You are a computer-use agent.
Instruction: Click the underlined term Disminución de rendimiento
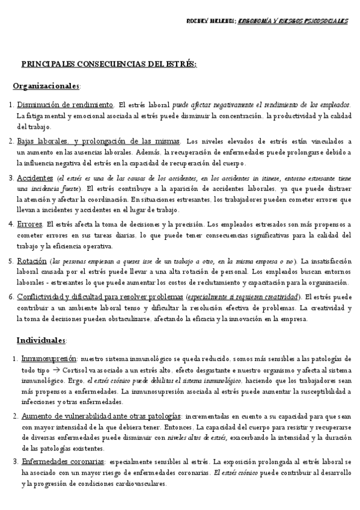(65, 105)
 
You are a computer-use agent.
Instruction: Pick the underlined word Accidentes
(35, 178)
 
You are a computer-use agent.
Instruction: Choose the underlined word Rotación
(32, 260)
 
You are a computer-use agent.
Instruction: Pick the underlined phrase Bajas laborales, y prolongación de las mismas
(99, 141)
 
